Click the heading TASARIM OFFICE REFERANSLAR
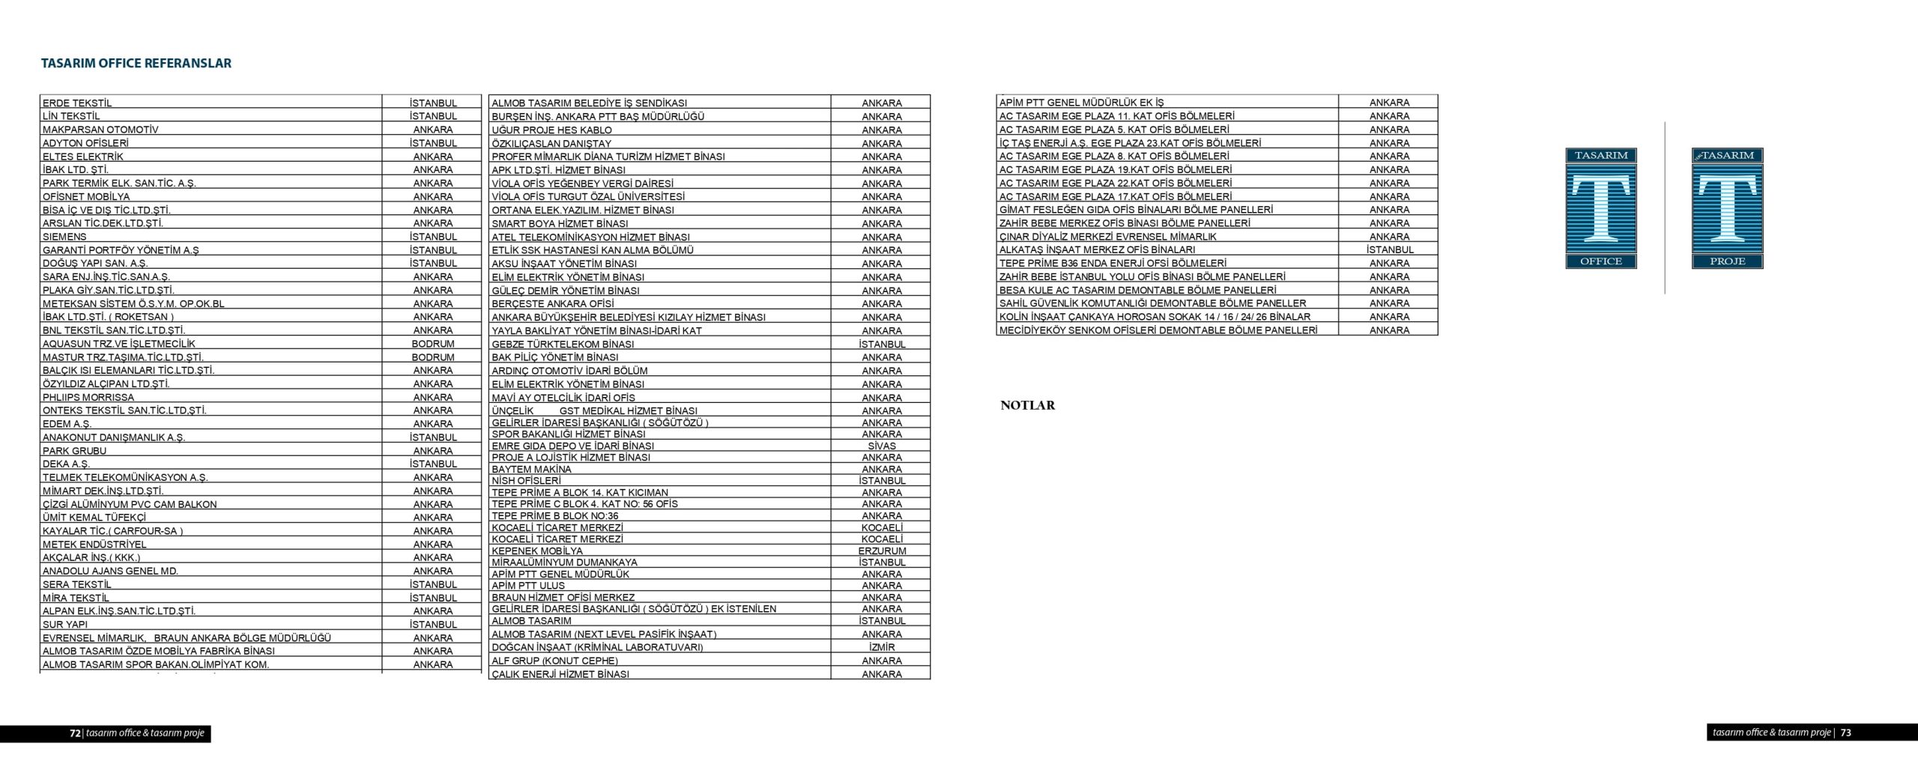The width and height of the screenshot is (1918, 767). coord(136,64)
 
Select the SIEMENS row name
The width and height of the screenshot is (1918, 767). coord(64,237)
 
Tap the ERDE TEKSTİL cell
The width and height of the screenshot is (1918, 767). coord(77,103)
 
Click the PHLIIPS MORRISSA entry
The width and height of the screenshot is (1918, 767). coord(88,397)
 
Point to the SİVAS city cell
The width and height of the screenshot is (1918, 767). coord(881,446)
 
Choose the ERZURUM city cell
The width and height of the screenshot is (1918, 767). coord(881,551)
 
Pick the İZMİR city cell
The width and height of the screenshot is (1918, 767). coord(881,647)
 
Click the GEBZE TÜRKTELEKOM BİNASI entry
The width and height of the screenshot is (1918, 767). coord(563,344)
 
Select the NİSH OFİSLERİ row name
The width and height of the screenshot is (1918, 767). coord(526,480)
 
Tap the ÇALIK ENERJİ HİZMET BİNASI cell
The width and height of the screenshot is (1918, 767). coord(560,674)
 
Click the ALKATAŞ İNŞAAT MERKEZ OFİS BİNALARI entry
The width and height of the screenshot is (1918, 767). coord(1097,249)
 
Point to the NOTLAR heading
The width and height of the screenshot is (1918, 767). coord(1027,405)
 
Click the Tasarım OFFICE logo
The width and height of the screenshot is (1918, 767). coord(1601,208)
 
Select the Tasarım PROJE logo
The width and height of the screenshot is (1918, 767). coord(1727,208)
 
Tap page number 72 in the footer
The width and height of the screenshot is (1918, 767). coord(75,733)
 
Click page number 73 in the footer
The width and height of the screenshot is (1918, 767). coord(1845,733)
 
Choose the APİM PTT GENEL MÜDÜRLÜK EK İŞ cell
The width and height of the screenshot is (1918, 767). coord(1081,103)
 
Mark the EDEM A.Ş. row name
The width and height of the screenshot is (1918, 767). coord(67,424)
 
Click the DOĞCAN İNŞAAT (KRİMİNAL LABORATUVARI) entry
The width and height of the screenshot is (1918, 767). coord(597,647)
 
